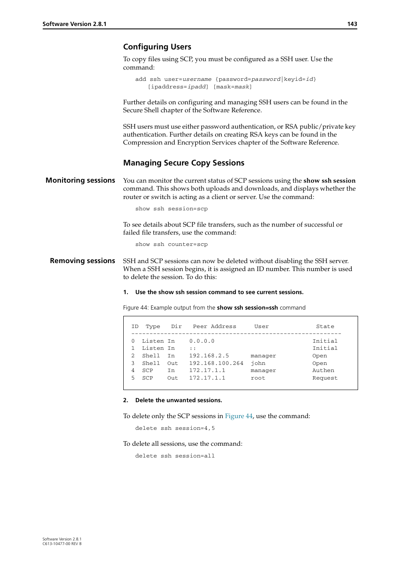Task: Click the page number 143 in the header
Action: [x=352, y=24]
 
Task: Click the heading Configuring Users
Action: [x=157, y=47]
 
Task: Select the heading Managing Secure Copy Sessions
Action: [x=183, y=163]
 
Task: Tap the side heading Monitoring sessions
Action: [x=80, y=181]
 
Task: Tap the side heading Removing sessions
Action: [x=82, y=261]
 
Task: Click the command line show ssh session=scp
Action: [x=171, y=209]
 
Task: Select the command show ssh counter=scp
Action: [x=171, y=244]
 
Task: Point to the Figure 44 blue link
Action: [x=239, y=416]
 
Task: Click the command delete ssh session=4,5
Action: [x=175, y=428]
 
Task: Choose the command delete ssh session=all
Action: [x=175, y=456]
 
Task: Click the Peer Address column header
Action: [x=214, y=326]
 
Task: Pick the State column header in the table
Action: [x=325, y=326]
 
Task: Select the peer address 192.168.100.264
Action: [x=216, y=363]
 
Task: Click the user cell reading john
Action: [x=258, y=363]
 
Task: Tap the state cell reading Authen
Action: [x=323, y=370]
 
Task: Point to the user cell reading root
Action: [x=258, y=378]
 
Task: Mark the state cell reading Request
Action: [x=325, y=378]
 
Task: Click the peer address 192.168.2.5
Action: [x=209, y=356]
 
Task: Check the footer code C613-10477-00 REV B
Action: [x=62, y=544]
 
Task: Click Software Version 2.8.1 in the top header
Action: [x=74, y=24]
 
